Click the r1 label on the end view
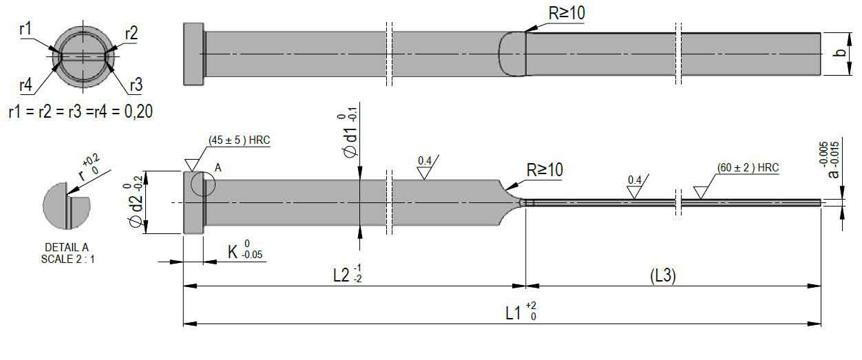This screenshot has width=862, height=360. point(25,29)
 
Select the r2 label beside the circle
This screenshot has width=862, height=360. point(132,34)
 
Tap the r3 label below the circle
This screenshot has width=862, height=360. point(136,85)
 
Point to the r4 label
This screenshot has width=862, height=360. point(25,85)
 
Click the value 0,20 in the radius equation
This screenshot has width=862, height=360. point(138,112)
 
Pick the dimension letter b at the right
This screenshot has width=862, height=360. point(841,53)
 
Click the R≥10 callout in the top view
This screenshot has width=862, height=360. point(567,13)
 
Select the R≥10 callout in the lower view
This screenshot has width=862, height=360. point(545,170)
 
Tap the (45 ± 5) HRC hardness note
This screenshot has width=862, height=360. point(240,140)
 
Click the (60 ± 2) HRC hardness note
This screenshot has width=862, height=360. point(748,168)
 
